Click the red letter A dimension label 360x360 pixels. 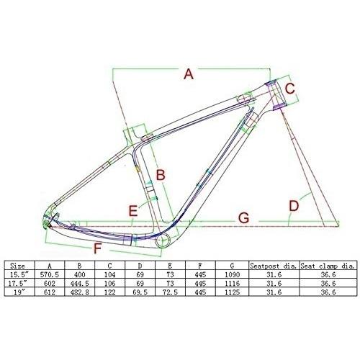189,73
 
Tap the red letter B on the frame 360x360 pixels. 161,175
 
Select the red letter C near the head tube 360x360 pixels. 290,89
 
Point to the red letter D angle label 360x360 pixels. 294,206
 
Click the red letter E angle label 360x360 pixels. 133,211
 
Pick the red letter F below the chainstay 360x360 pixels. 97,248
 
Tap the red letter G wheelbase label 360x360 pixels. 243,218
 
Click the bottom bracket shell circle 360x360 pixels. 163,240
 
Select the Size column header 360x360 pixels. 17,266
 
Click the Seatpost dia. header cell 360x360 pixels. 274,266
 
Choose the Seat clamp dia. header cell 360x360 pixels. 328,266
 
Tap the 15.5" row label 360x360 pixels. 17,274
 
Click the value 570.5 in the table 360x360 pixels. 50,274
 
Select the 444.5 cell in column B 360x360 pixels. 80,284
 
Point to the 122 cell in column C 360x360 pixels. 109,292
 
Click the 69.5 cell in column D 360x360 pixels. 140,292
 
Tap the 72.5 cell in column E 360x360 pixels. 170,292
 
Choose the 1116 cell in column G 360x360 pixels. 232,284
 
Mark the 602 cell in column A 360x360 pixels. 50,284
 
